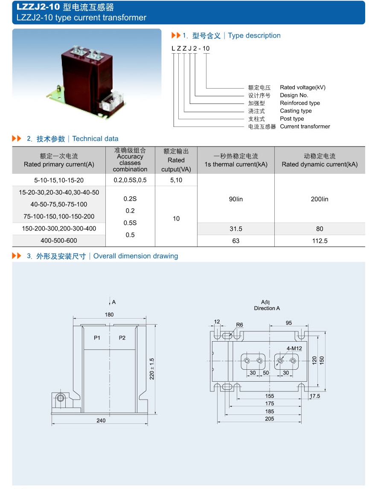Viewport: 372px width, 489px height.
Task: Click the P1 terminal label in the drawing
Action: pyautogui.click(x=97, y=338)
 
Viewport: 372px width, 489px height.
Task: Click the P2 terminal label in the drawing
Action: pyautogui.click(x=122, y=338)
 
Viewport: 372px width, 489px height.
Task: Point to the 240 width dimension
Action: pyautogui.click(x=101, y=420)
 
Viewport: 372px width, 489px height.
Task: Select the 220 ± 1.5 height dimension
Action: pyautogui.click(x=152, y=369)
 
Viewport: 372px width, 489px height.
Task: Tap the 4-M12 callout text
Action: pyautogui.click(x=294, y=348)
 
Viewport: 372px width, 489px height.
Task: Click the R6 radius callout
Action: pyautogui.click(x=239, y=325)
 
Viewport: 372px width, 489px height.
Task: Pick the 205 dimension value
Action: pyautogui.click(x=269, y=419)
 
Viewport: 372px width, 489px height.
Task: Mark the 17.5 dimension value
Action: pyautogui.click(x=315, y=396)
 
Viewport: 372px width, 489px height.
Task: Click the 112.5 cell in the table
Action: pyautogui.click(x=320, y=241)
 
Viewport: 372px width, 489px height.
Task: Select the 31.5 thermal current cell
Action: pyautogui.click(x=235, y=229)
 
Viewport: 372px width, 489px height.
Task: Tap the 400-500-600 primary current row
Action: pyautogui.click(x=59, y=241)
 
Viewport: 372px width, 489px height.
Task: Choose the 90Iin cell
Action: pyautogui.click(x=235, y=199)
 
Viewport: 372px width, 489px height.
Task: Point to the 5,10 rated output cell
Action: pyautogui.click(x=176, y=180)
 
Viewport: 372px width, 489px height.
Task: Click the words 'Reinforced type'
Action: pyautogui.click(x=299, y=103)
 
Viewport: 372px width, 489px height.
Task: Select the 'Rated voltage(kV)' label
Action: pyautogui.click(x=302, y=87)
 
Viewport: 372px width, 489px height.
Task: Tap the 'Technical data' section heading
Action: pyautogui.click(x=95, y=139)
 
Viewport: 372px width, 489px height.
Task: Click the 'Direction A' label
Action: pyautogui.click(x=267, y=308)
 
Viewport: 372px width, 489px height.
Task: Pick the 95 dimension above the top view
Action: pyautogui.click(x=289, y=323)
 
